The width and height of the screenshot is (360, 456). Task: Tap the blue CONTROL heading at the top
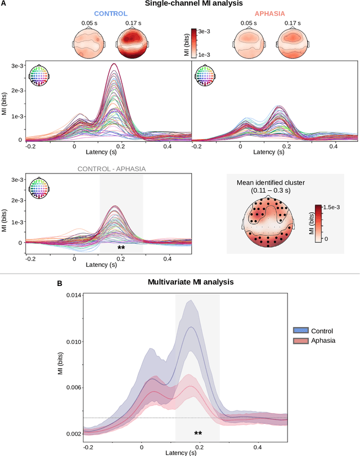[111, 13]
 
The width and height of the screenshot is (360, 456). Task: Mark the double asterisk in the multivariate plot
[198, 433]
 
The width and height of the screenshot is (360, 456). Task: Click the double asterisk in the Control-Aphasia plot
[121, 248]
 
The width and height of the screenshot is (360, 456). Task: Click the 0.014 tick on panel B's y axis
[74, 295]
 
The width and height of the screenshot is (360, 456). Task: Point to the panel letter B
[60, 284]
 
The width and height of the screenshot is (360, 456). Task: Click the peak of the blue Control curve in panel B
[192, 327]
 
